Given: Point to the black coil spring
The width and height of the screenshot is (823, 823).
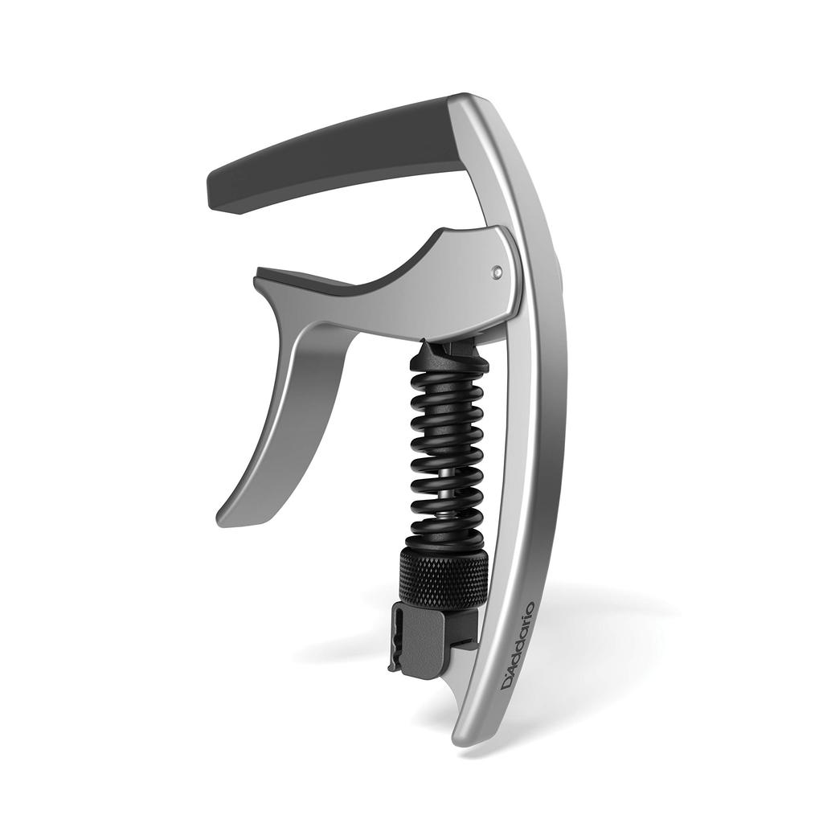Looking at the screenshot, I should click(x=447, y=450).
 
